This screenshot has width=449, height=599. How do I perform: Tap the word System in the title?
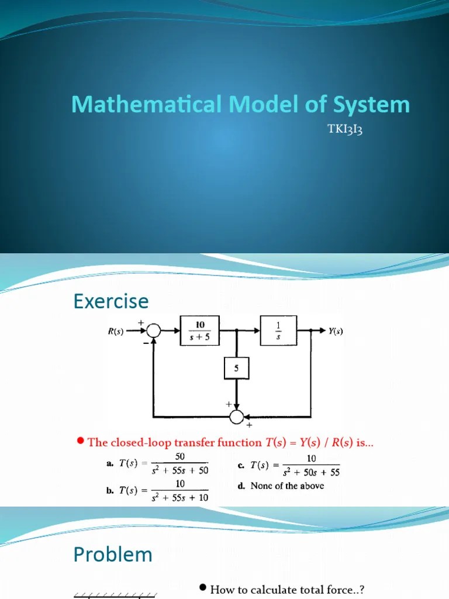click(372, 105)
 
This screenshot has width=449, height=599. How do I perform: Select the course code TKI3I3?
click(346, 129)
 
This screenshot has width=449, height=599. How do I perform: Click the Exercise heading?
click(111, 302)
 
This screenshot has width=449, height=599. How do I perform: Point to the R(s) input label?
click(116, 331)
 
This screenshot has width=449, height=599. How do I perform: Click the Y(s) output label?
click(336, 331)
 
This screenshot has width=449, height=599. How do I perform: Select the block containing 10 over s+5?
click(200, 331)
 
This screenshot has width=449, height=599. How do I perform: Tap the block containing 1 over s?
click(278, 331)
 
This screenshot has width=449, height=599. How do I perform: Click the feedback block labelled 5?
click(237, 369)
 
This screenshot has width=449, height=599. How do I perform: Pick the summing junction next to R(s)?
click(153, 331)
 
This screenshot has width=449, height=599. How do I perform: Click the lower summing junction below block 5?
click(237, 416)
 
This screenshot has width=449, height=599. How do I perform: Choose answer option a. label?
click(109, 464)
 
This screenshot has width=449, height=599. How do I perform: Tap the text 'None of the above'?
click(287, 486)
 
